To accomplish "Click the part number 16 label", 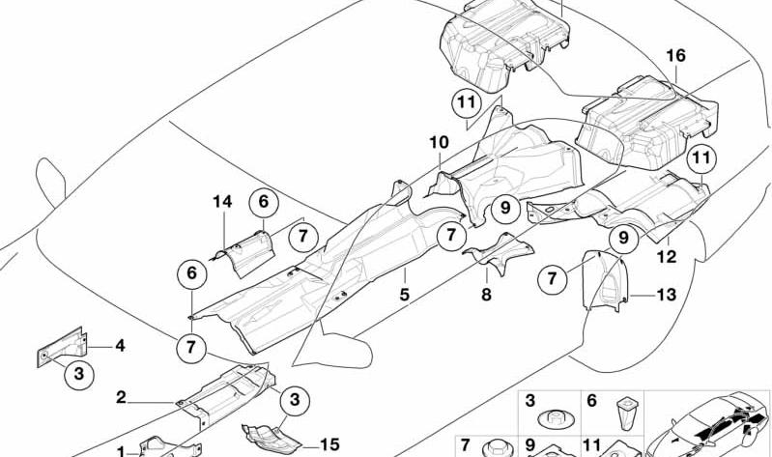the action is tap(675, 55).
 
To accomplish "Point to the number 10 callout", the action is tap(439, 142).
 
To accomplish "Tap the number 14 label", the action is tap(222, 201).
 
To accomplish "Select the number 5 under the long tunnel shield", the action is tap(404, 295).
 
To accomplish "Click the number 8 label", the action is tap(486, 295).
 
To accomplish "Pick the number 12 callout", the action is tap(666, 257).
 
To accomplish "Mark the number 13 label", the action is tap(666, 295).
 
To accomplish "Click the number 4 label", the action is tap(120, 346).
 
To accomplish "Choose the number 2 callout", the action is tap(121, 397).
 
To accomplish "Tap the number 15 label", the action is tap(329, 444).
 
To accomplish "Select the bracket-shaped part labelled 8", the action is tap(498, 253).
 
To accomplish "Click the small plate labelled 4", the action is tap(62, 347).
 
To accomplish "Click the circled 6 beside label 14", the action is tap(264, 202).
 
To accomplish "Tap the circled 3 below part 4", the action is tap(79, 374).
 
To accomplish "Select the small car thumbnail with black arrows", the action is tap(706, 424).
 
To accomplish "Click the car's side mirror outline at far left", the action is tap(50, 182).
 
